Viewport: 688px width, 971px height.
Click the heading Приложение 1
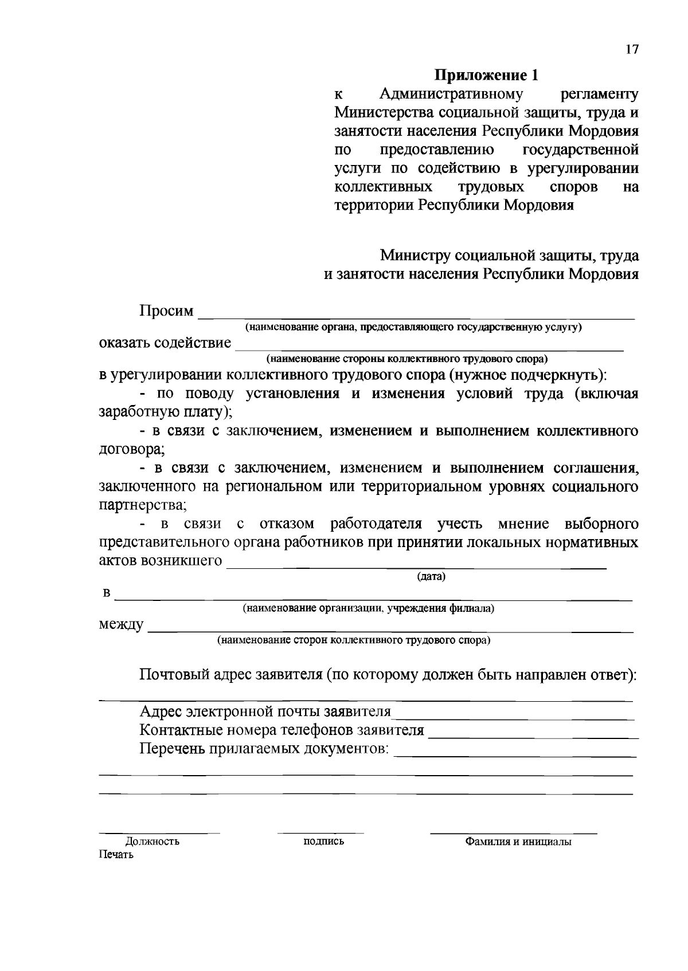coord(487,75)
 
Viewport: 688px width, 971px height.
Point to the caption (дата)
coord(431,577)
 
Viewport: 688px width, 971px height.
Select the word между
coord(121,624)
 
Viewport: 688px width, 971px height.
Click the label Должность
coord(153,842)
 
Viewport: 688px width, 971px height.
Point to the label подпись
coord(323,841)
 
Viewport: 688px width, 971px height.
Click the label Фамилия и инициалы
coord(518,842)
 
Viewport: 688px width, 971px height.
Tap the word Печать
coord(116,855)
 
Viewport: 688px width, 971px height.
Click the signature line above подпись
coord(320,831)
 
